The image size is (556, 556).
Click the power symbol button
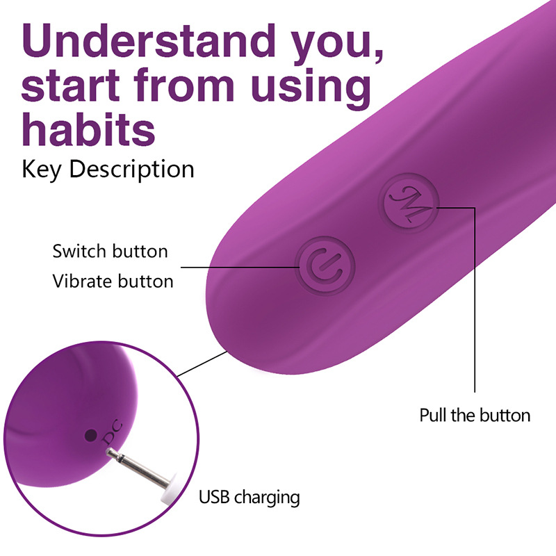(x=325, y=266)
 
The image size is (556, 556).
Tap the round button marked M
(x=409, y=203)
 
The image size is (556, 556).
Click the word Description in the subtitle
(x=131, y=170)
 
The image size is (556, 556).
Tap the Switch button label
(x=110, y=252)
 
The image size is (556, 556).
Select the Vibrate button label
(x=113, y=281)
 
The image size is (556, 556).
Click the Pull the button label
(x=475, y=415)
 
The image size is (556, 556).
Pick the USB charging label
(x=249, y=497)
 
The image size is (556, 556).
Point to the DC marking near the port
(x=112, y=432)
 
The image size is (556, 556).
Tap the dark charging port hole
(x=91, y=435)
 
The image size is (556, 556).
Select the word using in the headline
(x=311, y=85)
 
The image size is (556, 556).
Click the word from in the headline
(x=184, y=84)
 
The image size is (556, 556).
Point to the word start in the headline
(x=71, y=85)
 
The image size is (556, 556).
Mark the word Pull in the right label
(x=433, y=415)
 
